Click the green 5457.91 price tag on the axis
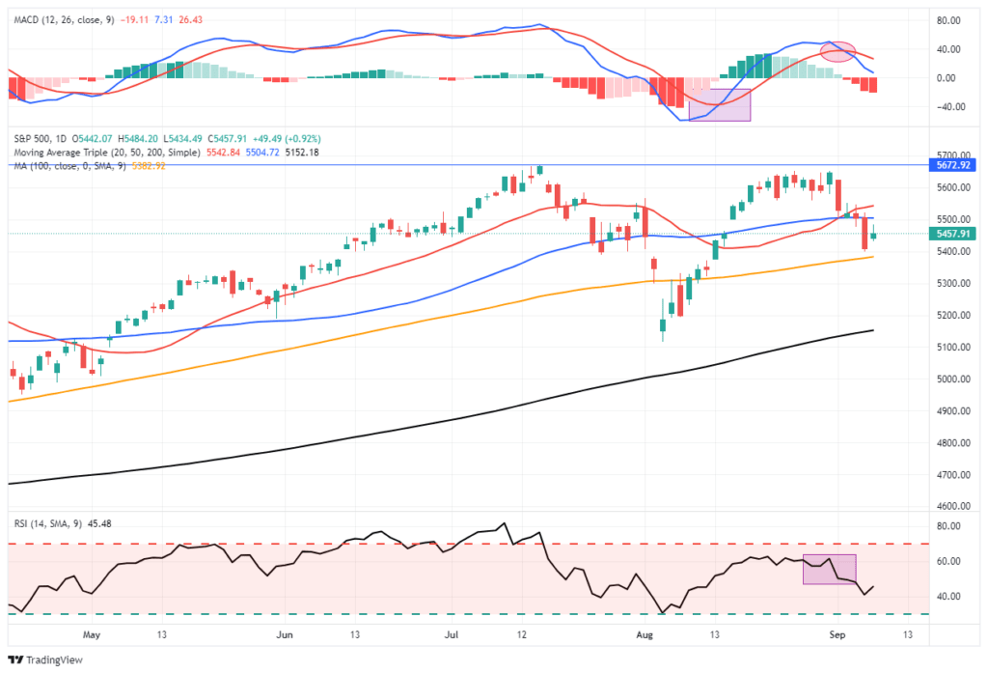954,234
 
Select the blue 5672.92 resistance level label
954,165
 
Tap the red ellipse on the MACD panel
837,51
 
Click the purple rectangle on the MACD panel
720,104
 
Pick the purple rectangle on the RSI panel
829,569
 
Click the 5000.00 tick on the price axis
953,379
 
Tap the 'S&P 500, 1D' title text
38,139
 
